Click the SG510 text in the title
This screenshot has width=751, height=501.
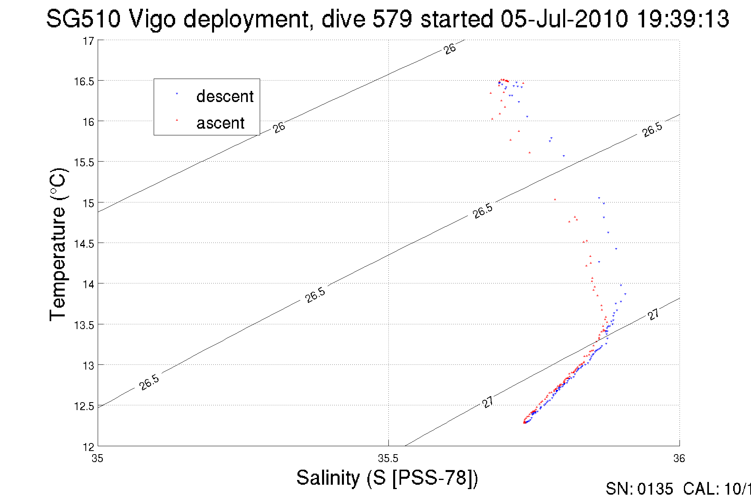tap(83, 19)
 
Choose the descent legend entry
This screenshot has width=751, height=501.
tap(224, 96)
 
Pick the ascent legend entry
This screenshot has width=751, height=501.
tap(220, 123)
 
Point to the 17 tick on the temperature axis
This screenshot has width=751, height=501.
tap(88, 41)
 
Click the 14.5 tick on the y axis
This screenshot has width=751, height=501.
tap(84, 243)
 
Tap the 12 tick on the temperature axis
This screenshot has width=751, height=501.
tap(88, 447)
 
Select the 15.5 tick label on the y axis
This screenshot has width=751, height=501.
tap(84, 162)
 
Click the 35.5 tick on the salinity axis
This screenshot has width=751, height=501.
tap(388, 459)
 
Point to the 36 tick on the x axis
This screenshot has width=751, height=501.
tap(679, 459)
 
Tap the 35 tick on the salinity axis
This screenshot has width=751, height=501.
tap(97, 459)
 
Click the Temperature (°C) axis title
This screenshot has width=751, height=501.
tap(58, 244)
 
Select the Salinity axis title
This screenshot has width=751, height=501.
tap(387, 478)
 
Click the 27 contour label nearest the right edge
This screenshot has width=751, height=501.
tap(653, 314)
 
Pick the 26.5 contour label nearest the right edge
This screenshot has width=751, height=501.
tap(652, 130)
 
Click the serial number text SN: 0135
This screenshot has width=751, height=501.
tap(639, 489)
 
